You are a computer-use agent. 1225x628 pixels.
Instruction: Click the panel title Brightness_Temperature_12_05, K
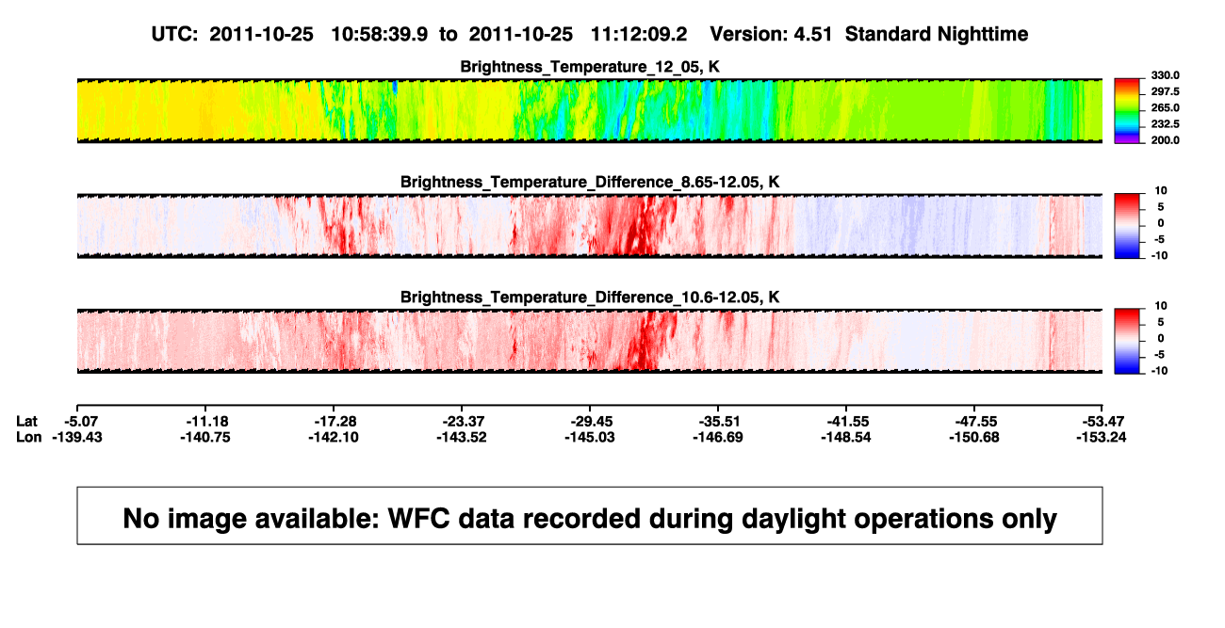point(590,67)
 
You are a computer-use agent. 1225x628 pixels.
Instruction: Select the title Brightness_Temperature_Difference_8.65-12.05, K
point(590,182)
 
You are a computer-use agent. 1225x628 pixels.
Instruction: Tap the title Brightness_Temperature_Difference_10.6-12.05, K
point(590,298)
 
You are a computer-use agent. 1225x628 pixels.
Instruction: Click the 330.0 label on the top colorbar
point(1165,75)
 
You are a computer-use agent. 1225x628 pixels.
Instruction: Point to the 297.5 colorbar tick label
point(1165,91)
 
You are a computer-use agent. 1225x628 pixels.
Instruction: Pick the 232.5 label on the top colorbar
point(1165,124)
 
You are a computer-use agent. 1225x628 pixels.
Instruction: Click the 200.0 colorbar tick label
point(1165,140)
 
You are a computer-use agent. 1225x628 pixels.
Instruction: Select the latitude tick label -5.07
point(81,422)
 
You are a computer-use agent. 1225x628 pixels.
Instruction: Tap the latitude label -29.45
point(592,422)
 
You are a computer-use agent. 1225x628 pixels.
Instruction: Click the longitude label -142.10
point(334,437)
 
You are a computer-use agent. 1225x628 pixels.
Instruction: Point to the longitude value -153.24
point(1102,437)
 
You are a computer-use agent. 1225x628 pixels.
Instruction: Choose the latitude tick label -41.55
point(848,422)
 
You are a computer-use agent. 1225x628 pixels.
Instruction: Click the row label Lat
point(26,422)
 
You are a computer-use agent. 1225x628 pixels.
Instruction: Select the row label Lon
point(28,437)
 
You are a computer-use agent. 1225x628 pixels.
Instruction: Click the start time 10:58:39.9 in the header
point(380,35)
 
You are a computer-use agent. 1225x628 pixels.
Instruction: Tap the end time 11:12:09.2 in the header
point(639,35)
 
